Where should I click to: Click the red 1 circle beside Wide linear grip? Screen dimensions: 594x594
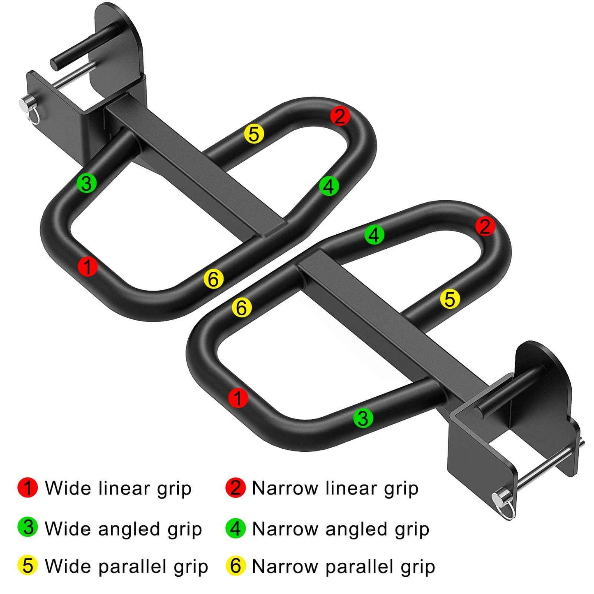click(x=28, y=488)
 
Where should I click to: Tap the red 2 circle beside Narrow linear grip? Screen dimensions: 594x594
click(x=236, y=488)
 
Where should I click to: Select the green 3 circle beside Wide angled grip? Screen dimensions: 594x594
click(x=28, y=527)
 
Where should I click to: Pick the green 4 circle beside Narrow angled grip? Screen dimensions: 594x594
click(x=236, y=528)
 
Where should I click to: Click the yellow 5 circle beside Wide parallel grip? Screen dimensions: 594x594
click(x=28, y=566)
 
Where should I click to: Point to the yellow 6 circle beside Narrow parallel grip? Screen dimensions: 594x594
click(x=236, y=566)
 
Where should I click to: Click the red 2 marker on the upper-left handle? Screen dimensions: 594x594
click(x=340, y=116)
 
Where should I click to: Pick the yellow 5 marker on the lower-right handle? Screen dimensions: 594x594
click(x=450, y=299)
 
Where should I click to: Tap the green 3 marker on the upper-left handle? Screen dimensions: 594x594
click(x=87, y=183)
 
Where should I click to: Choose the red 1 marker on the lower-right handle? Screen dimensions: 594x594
click(x=238, y=398)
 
